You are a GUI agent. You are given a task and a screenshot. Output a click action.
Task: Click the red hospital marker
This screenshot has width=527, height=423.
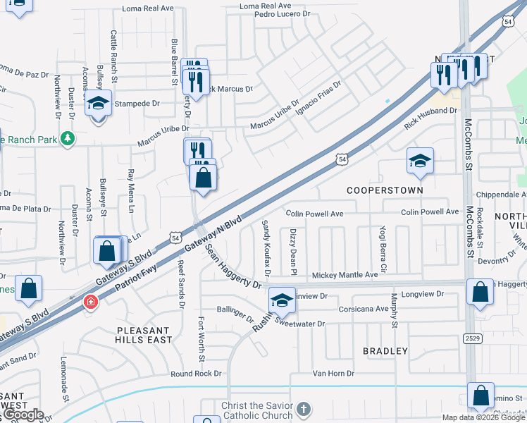point(91,302)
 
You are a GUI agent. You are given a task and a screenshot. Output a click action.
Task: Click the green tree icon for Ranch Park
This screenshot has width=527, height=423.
point(68,138)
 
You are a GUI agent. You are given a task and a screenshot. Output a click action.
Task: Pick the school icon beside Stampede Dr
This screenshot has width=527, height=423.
point(99,104)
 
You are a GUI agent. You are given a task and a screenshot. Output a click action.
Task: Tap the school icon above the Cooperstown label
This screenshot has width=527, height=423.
point(420,162)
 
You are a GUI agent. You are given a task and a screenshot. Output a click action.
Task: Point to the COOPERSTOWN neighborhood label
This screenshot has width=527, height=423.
point(385,190)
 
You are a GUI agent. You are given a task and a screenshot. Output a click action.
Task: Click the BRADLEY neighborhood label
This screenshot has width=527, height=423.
point(385,350)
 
